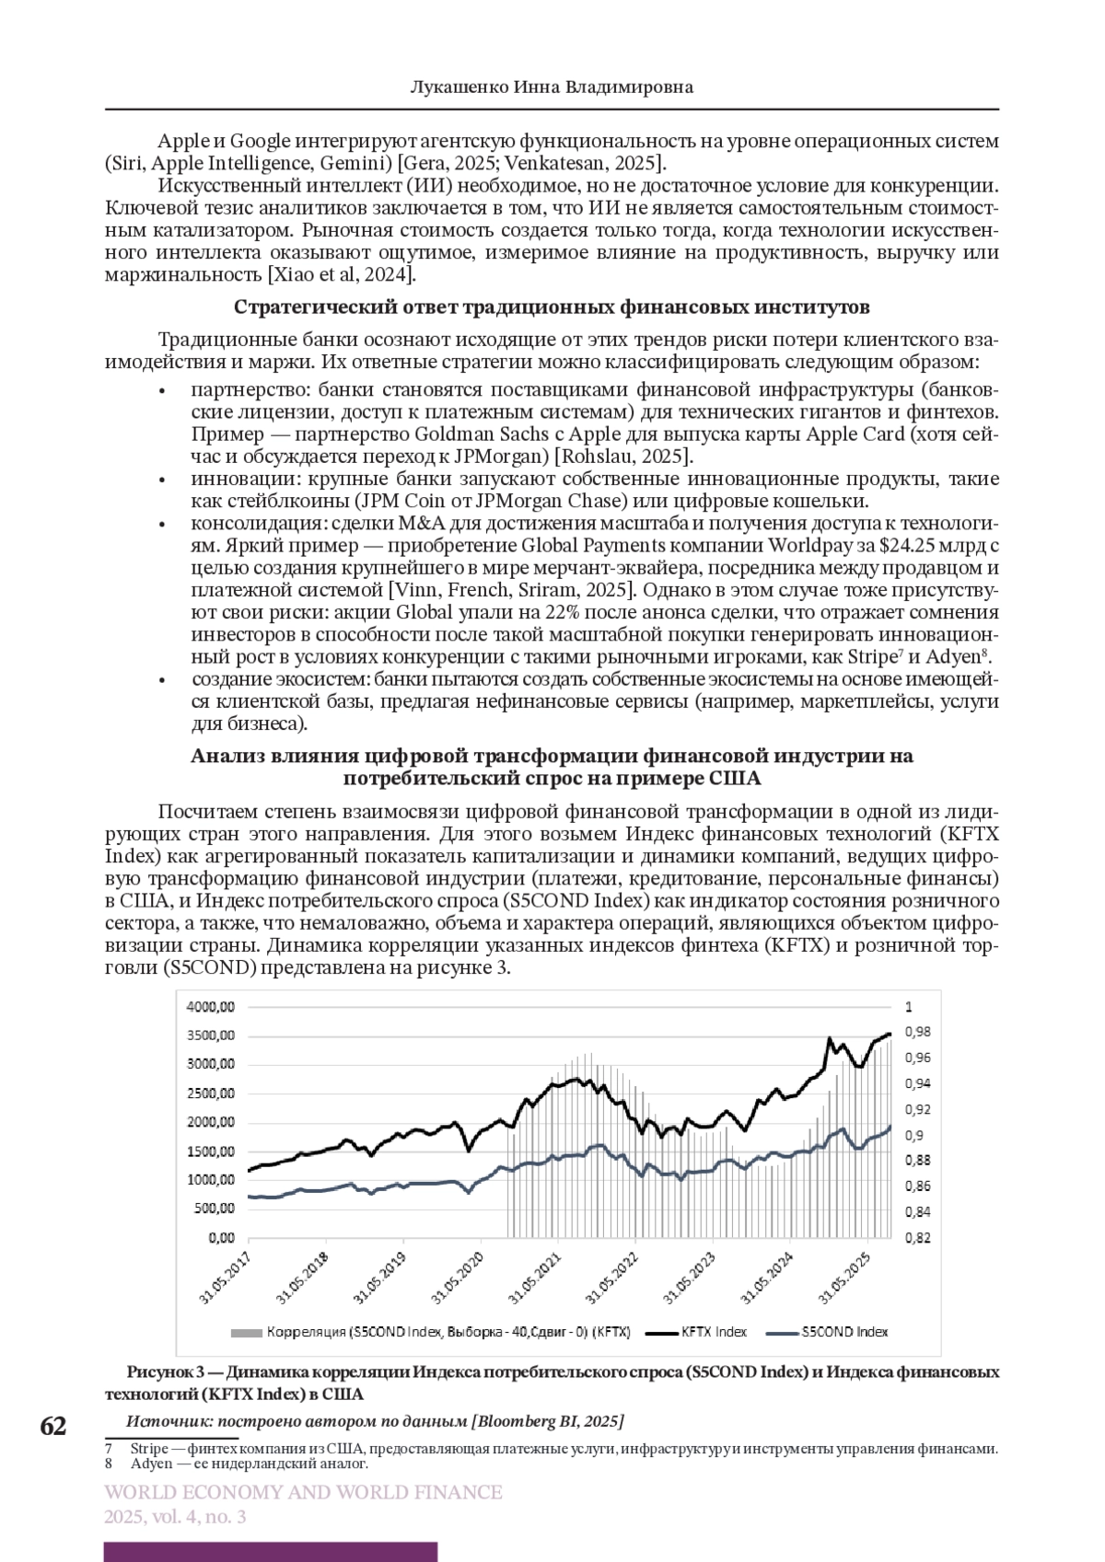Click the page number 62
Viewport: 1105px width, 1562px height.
(x=53, y=1426)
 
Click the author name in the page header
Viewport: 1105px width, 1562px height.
(x=551, y=87)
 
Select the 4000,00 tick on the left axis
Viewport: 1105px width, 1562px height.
(x=210, y=1006)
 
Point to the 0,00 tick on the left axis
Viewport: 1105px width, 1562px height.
(x=221, y=1237)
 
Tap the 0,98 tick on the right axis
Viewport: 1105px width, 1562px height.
(x=917, y=1032)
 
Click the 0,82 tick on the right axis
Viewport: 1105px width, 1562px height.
(x=917, y=1238)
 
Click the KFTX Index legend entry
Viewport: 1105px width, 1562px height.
(x=714, y=1332)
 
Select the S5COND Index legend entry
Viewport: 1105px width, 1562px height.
(x=844, y=1332)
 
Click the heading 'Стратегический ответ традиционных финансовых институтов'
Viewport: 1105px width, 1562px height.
(x=552, y=307)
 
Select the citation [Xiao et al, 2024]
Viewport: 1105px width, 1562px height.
(x=342, y=274)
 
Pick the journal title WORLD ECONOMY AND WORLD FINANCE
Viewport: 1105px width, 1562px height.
(x=303, y=1492)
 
